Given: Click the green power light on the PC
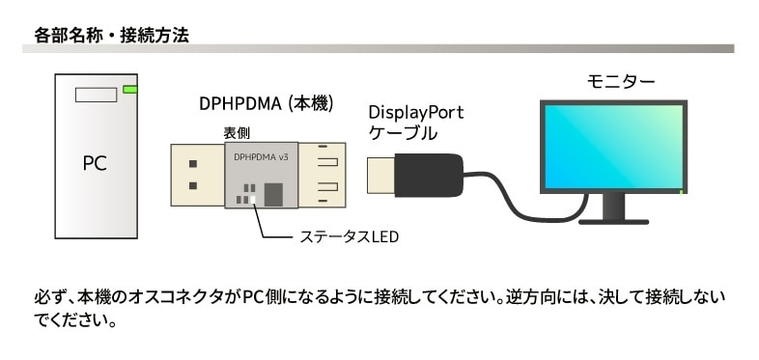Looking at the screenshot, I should (130, 91).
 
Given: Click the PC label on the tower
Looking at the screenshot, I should (95, 163).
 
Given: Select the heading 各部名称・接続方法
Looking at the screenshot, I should (110, 35).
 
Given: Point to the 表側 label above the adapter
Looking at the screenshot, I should (237, 134).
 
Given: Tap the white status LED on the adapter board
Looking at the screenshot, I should (254, 200).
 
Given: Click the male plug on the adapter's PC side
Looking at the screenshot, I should (197, 174).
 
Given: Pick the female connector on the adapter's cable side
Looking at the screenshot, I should (323, 174).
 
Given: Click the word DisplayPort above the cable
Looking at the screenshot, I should (416, 112).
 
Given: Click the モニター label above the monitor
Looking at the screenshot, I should (621, 81).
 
